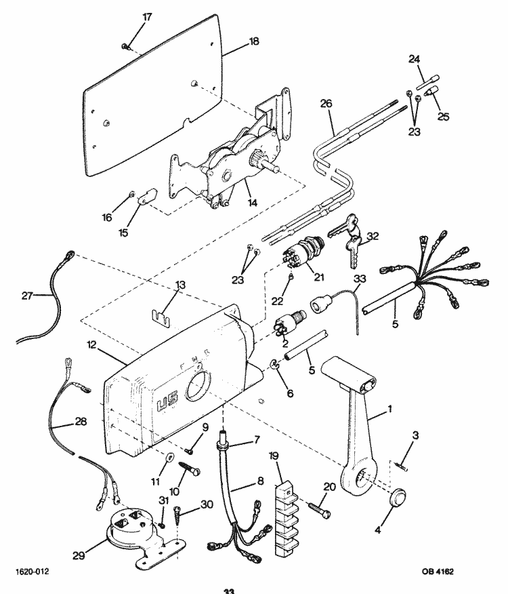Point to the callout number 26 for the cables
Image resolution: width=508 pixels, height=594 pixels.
pyautogui.click(x=326, y=104)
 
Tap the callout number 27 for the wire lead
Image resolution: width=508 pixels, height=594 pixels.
pyautogui.click(x=28, y=296)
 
